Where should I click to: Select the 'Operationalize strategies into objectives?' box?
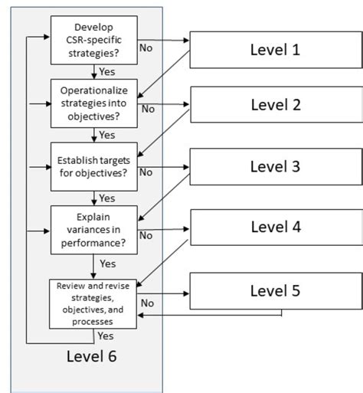(94, 102)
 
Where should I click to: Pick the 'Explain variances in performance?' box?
(94, 228)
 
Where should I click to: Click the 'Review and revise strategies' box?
(94, 303)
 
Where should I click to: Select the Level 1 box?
(275, 51)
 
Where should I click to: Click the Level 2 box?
(275, 105)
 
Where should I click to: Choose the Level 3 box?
(275, 166)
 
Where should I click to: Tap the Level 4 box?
(275, 228)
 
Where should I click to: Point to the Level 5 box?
(275, 291)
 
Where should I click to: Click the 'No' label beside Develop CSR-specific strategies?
(146, 48)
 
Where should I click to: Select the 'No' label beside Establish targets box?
(146, 172)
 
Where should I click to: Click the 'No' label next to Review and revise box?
(147, 303)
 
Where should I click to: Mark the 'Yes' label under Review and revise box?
(106, 336)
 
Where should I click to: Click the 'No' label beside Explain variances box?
(146, 235)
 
